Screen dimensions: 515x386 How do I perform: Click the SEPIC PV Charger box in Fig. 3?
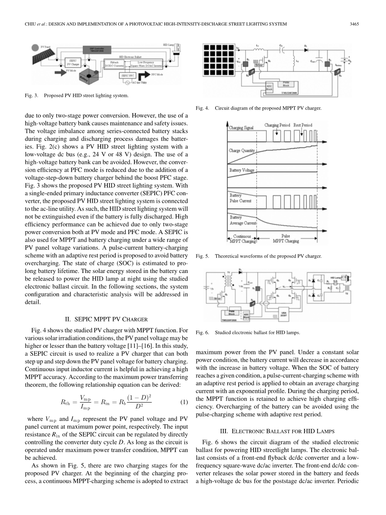73,62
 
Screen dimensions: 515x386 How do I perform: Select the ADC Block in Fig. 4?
269,88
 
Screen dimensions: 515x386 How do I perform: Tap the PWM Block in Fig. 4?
286,84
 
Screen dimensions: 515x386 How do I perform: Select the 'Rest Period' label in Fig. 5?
303,125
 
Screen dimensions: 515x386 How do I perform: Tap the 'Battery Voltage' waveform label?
242,170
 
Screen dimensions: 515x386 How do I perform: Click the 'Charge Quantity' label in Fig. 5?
242,150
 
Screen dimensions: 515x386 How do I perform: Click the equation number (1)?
184,402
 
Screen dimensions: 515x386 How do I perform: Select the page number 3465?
355,24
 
